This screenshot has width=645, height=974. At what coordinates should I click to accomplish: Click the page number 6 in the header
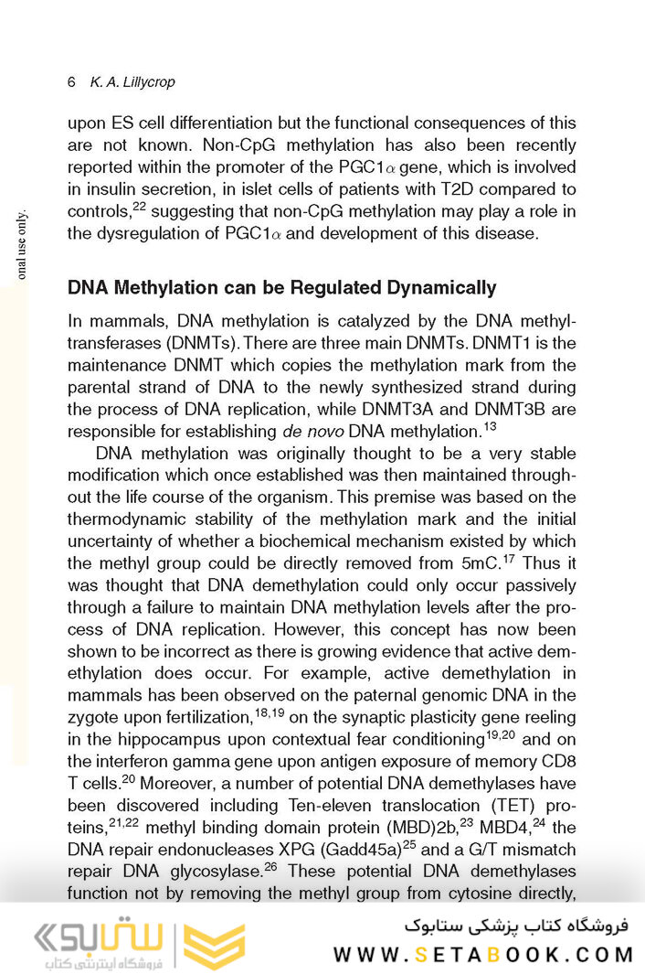[x=71, y=82]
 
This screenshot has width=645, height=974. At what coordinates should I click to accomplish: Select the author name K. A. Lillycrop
[x=132, y=82]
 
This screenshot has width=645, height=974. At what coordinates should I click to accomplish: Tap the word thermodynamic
[x=128, y=519]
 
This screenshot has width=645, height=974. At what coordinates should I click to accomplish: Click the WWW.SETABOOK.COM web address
[x=482, y=954]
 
